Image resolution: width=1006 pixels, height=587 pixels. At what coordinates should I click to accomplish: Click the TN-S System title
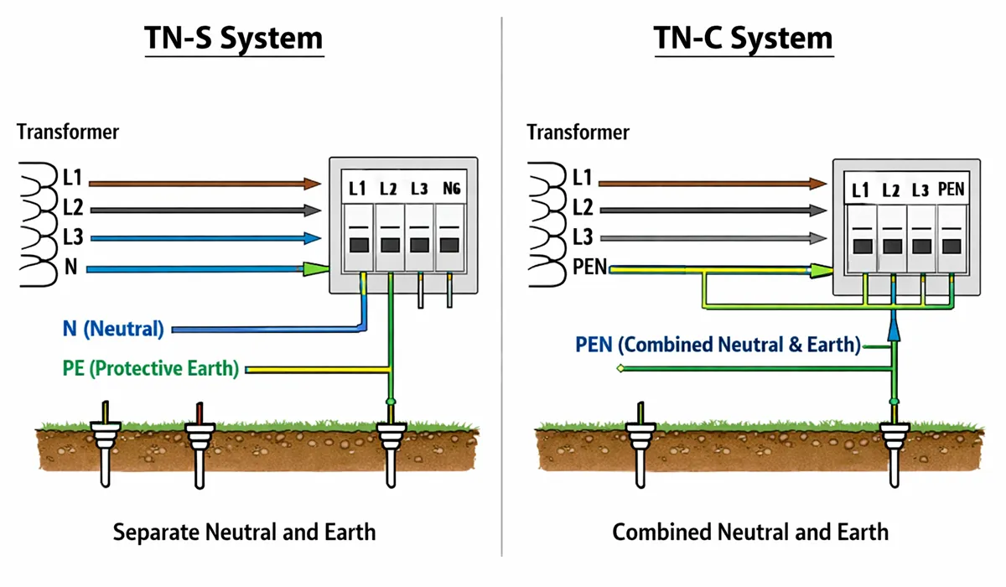(234, 39)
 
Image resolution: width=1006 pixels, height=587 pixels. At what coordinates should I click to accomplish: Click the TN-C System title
(744, 39)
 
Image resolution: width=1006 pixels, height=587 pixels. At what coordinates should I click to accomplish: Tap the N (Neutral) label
(113, 329)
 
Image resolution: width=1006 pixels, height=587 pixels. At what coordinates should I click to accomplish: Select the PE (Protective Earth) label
(150, 368)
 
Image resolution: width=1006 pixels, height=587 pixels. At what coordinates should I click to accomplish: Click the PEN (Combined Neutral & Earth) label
(718, 345)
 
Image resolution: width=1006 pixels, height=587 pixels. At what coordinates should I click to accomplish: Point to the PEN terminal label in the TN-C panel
(952, 190)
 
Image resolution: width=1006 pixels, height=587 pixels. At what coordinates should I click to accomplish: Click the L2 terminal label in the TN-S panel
(388, 190)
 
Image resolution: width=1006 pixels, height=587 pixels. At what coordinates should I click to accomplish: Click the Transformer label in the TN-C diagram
(578, 132)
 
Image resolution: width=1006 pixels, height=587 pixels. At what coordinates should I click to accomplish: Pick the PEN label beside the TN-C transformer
(590, 268)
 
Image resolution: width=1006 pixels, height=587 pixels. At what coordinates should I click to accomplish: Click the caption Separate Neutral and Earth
(244, 532)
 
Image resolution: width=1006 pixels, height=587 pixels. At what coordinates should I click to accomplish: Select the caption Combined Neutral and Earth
(749, 532)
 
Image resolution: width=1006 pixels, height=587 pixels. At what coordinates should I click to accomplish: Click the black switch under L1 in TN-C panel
(861, 246)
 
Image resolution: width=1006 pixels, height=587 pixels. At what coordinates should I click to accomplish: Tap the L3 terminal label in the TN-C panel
(920, 190)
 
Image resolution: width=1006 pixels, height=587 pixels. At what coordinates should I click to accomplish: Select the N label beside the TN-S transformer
(70, 268)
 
